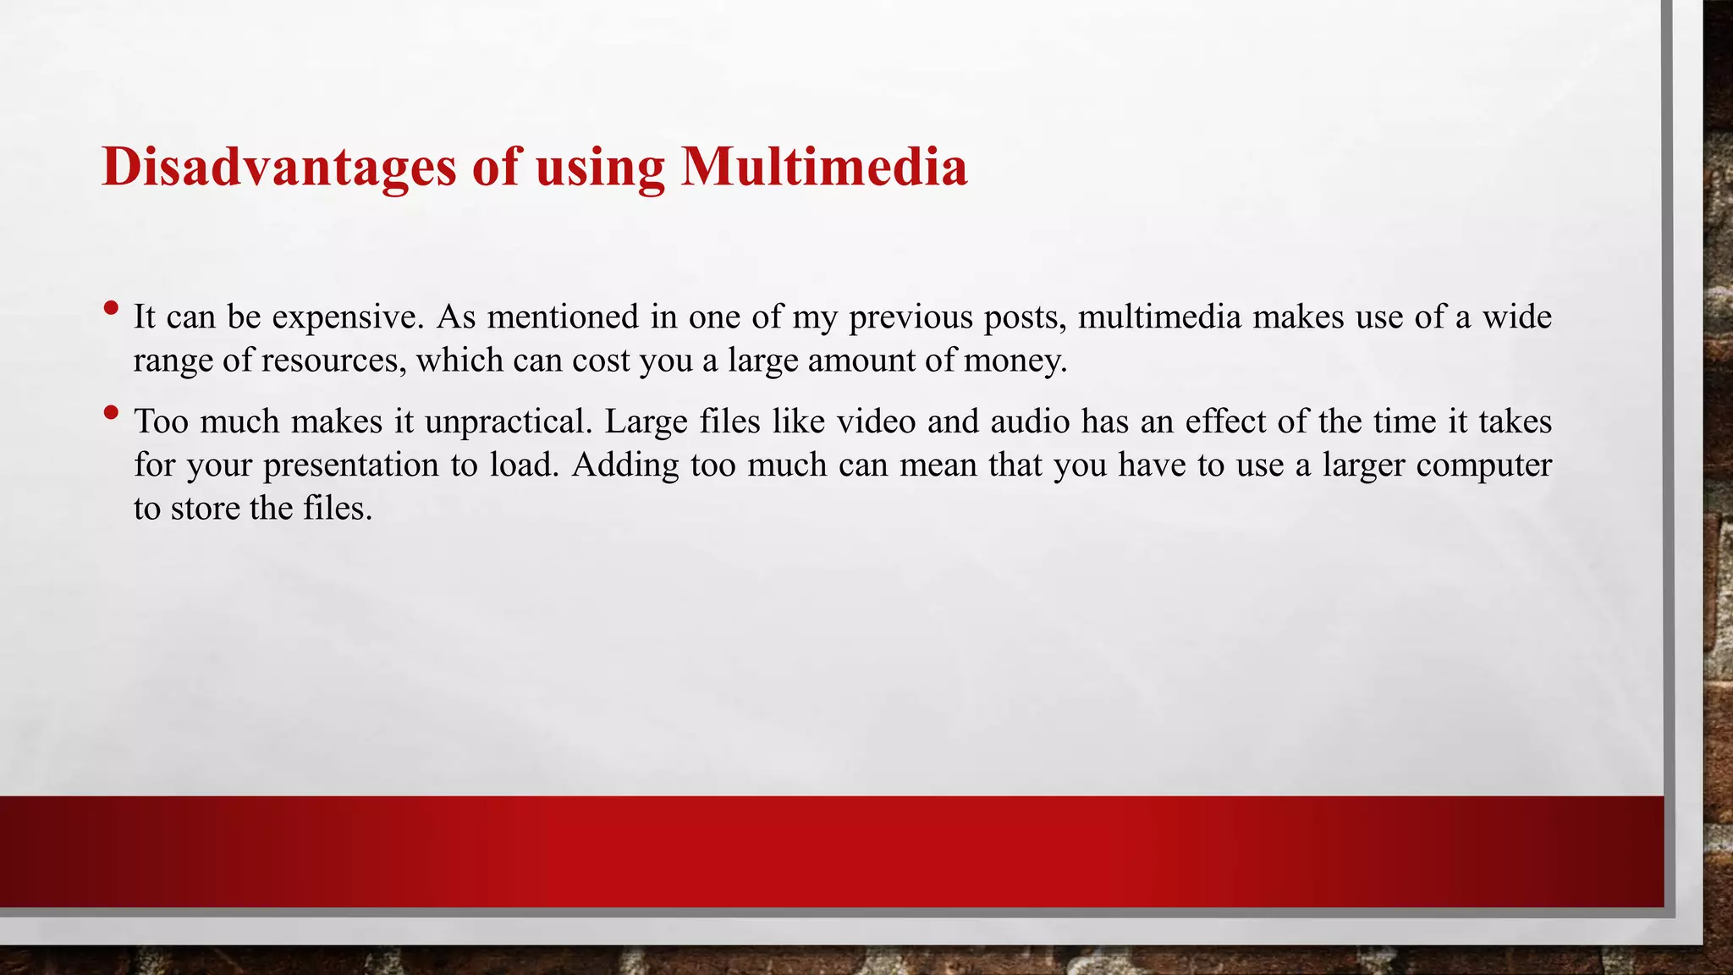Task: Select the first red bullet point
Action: tap(110, 308)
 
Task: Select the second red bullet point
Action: tap(110, 413)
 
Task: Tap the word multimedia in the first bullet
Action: tap(1159, 317)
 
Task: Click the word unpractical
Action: tap(508, 422)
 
